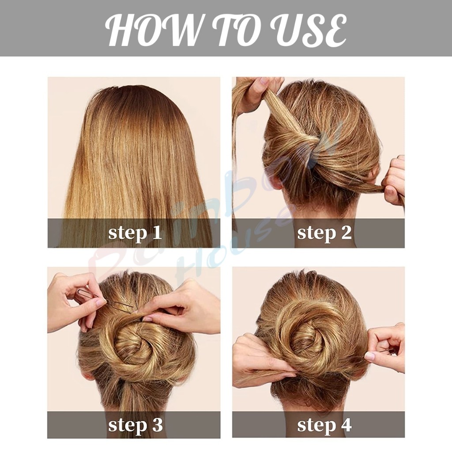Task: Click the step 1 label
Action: point(135,233)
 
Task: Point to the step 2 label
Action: point(324,233)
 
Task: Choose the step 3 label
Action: point(135,425)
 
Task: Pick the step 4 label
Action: point(324,425)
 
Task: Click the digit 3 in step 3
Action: point(157,424)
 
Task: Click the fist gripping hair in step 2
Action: point(393,181)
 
